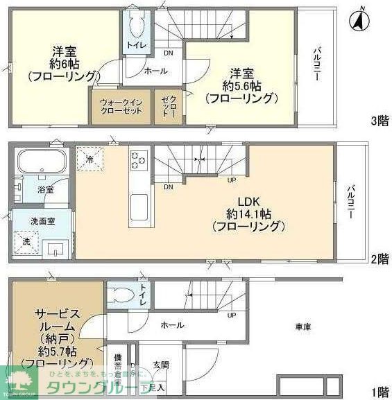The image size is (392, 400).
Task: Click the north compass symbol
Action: [360, 20]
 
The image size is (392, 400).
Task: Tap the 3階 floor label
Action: [380, 121]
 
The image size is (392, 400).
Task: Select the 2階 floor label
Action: [380, 259]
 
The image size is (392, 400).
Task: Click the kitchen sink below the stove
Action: [137, 206]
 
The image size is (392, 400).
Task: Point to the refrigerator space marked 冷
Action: [90, 157]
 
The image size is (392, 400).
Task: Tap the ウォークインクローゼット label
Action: [120, 107]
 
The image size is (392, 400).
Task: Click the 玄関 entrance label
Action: [161, 365]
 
